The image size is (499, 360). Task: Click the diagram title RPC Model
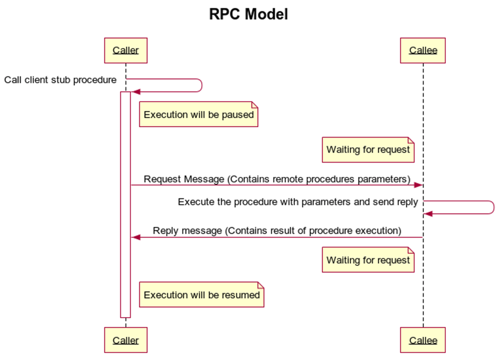tap(248, 14)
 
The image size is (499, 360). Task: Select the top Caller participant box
tap(125, 50)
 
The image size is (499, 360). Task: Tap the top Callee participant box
tap(423, 50)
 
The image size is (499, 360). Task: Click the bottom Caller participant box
tap(125, 340)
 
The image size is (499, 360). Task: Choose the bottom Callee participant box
tap(423, 340)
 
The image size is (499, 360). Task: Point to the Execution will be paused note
tap(199, 115)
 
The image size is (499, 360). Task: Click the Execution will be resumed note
tap(202, 295)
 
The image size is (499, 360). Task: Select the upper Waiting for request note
tap(368, 150)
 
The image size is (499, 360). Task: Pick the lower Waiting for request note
tap(368, 260)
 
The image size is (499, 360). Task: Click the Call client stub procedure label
tap(60, 80)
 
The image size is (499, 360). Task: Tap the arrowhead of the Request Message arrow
tap(418, 185)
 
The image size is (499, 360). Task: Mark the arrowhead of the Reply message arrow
tap(136, 237)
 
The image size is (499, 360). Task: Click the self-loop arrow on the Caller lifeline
tap(202, 85)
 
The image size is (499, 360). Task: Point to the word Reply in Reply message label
tap(164, 231)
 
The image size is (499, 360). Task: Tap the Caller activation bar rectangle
tap(125, 205)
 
